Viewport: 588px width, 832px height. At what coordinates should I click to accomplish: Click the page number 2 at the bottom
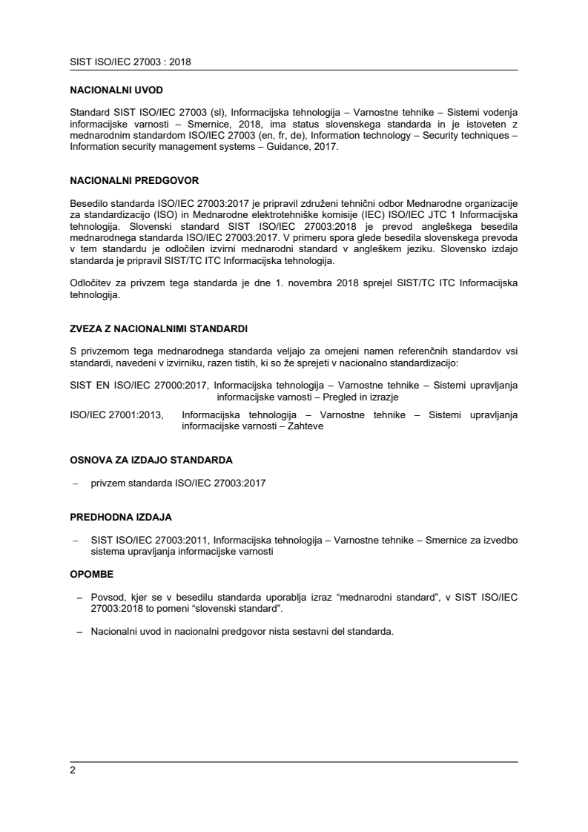tap(73, 770)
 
